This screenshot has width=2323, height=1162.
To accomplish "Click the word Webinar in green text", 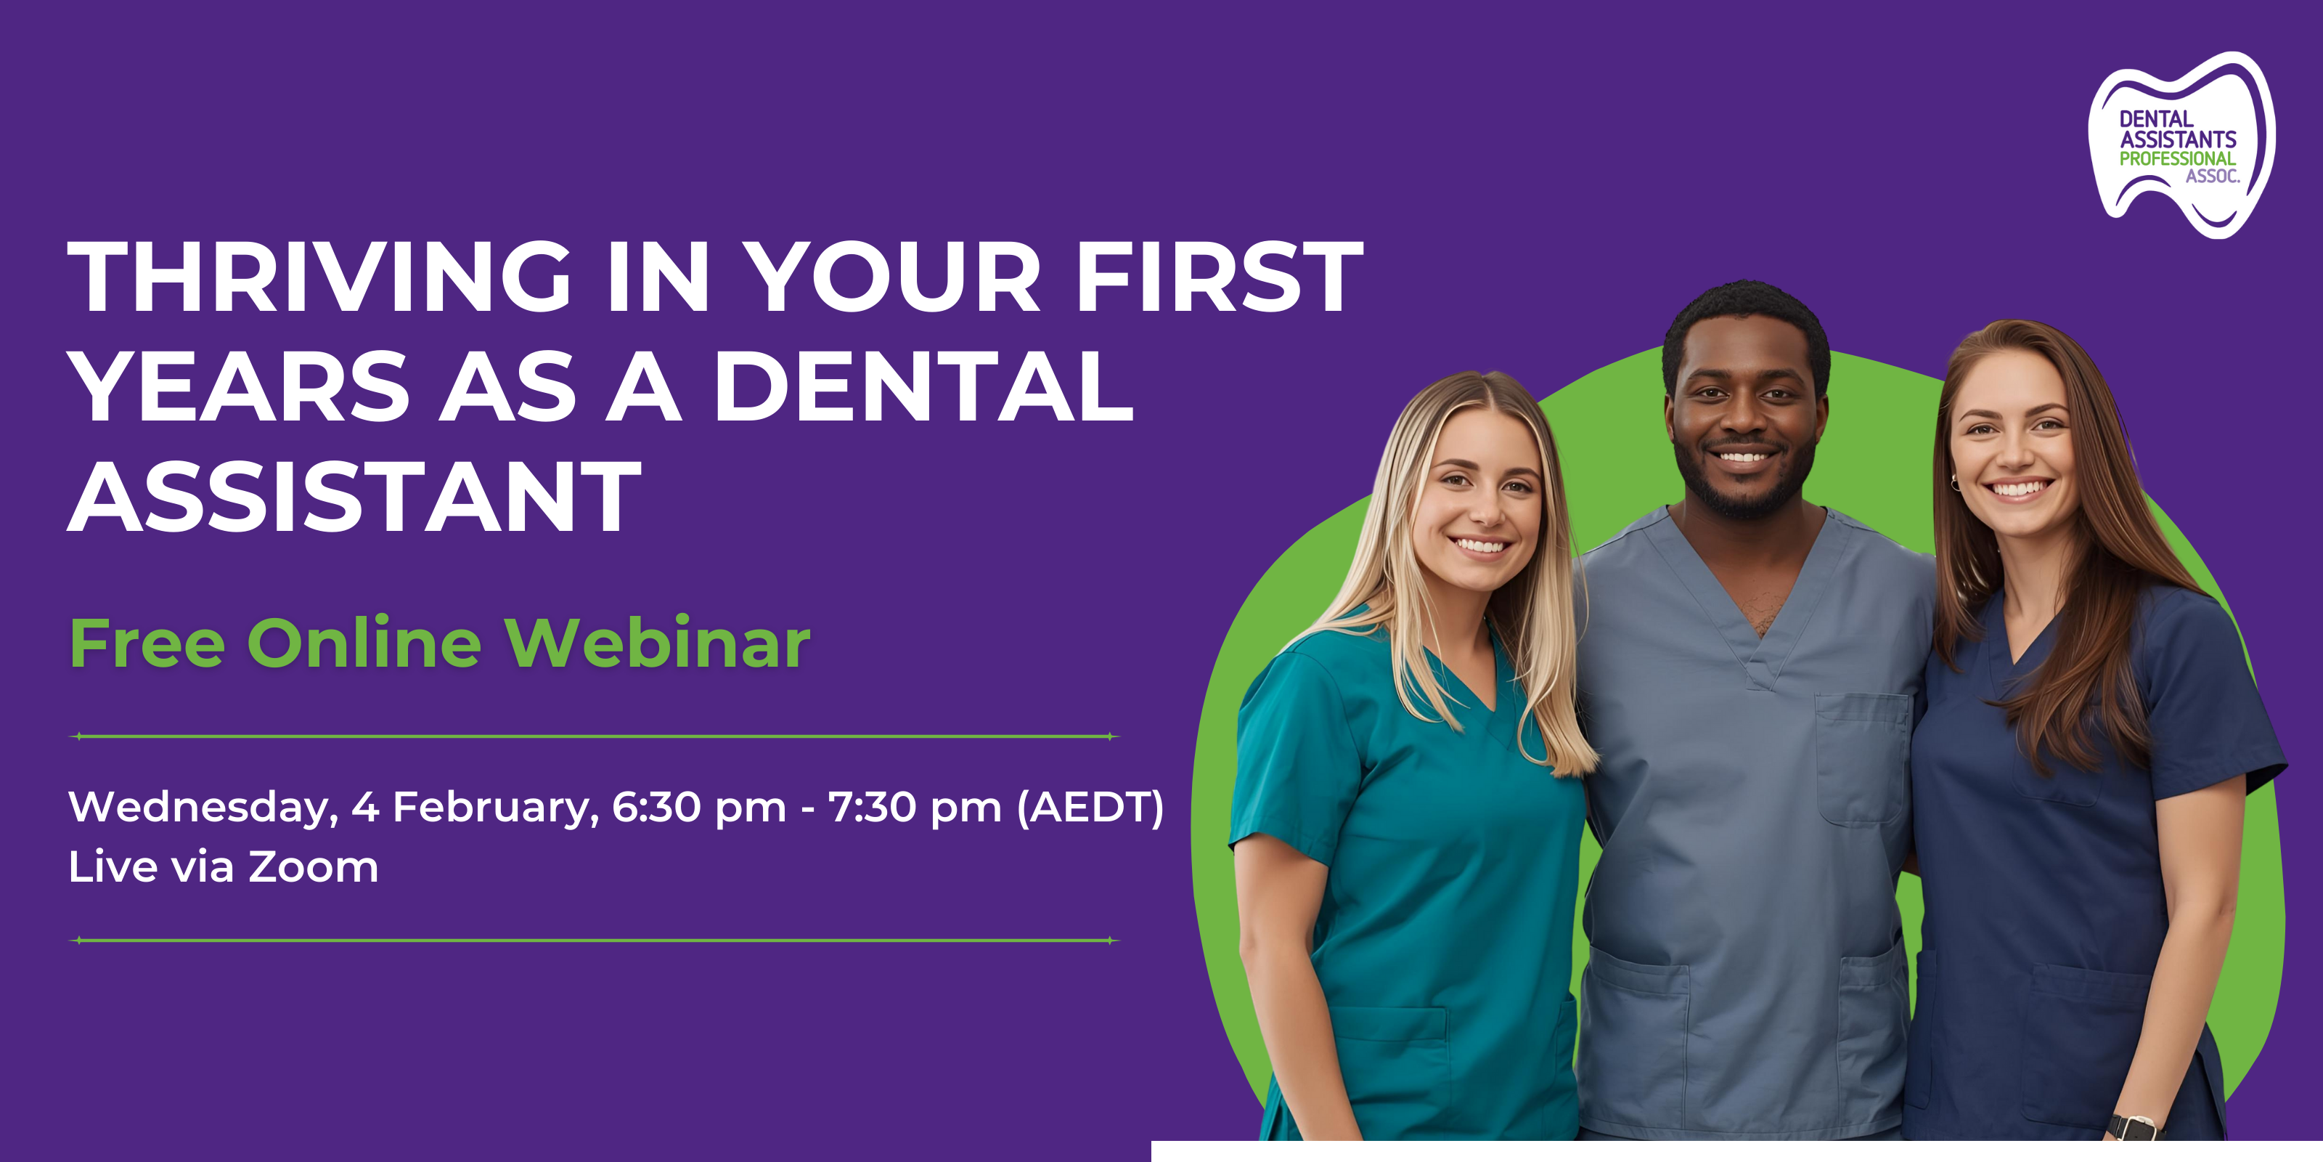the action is pyautogui.click(x=656, y=643).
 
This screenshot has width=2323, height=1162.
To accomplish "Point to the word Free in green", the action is pyautogui.click(x=148, y=643).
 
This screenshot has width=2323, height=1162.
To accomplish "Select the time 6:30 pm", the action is pyautogui.click(x=699, y=808).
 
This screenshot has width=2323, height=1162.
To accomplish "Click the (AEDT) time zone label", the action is pyautogui.click(x=1090, y=808).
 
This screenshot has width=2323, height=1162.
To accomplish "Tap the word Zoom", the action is pyautogui.click(x=313, y=868).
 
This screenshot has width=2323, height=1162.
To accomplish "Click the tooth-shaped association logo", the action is pyautogui.click(x=2181, y=145).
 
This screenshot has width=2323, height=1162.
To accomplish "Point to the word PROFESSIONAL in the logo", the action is pyautogui.click(x=2177, y=159).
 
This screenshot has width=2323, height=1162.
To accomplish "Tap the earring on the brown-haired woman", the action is pyautogui.click(x=1955, y=483).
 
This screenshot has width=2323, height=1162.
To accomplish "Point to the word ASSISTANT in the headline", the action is pyautogui.click(x=354, y=496).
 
